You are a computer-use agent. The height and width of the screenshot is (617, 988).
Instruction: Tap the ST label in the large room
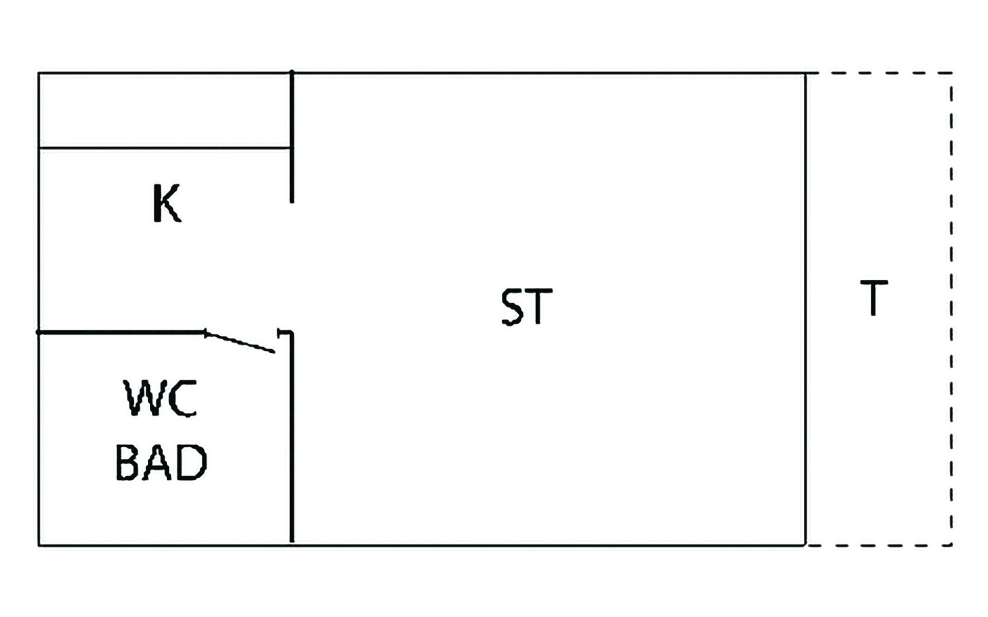pos(526,306)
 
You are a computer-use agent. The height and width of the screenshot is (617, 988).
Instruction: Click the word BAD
pos(161,462)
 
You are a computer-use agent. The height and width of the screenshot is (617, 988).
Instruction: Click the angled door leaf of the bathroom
pos(240,342)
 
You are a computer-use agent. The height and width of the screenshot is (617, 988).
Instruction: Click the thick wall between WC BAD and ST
pos(292,437)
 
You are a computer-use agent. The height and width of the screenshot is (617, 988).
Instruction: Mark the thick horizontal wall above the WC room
pos(121,333)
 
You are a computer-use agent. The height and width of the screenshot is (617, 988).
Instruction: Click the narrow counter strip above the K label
pos(165,111)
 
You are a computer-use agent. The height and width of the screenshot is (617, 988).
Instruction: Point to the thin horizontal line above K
pos(165,148)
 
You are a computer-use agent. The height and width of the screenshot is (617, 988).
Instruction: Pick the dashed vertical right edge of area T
pos(951,308)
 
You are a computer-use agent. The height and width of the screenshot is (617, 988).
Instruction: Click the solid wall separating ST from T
pos(805,308)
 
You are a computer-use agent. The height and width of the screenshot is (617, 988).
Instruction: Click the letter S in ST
pos(512,306)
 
